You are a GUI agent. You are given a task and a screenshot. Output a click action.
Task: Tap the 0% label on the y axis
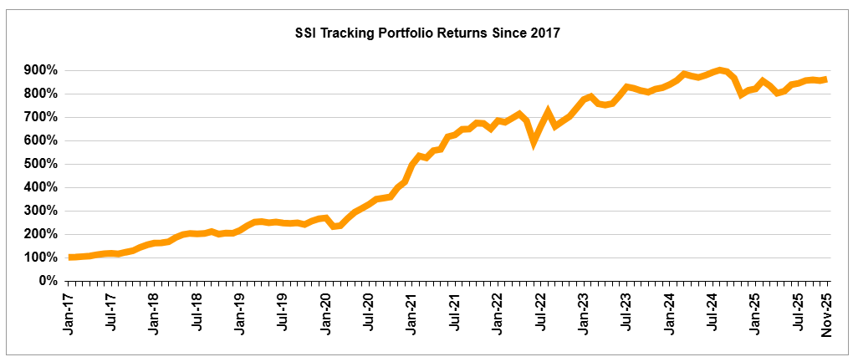tap(47, 281)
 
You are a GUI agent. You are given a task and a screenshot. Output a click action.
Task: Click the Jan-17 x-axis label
tap(70, 311)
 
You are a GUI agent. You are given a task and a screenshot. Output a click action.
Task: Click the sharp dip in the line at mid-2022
tap(534, 143)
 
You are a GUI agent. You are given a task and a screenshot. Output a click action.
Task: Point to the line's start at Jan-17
tap(70, 257)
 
